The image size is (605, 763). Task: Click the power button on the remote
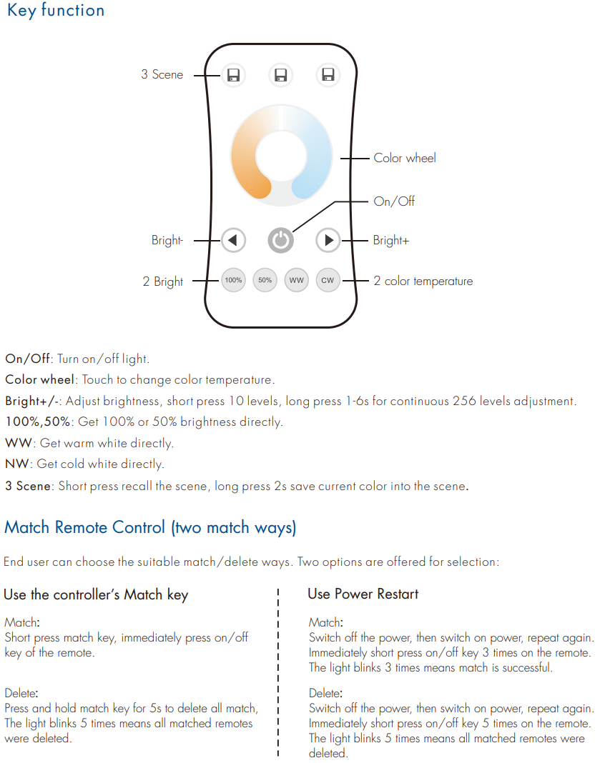280,240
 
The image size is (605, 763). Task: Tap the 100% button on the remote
233,280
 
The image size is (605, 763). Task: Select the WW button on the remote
296,280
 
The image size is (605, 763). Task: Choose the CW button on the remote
328,280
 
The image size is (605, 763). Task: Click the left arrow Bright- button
233,240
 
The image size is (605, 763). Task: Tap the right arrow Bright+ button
328,240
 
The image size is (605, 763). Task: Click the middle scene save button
280,75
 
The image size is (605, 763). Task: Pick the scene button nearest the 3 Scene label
233,75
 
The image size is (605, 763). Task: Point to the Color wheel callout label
405,158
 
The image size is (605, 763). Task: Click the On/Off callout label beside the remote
394,201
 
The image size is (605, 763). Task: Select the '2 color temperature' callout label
423,281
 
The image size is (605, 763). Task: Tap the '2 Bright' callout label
163,281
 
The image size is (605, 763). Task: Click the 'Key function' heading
56,10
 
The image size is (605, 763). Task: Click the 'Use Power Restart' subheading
363,594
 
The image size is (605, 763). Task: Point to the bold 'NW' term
17,464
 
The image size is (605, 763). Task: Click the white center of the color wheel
281,156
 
